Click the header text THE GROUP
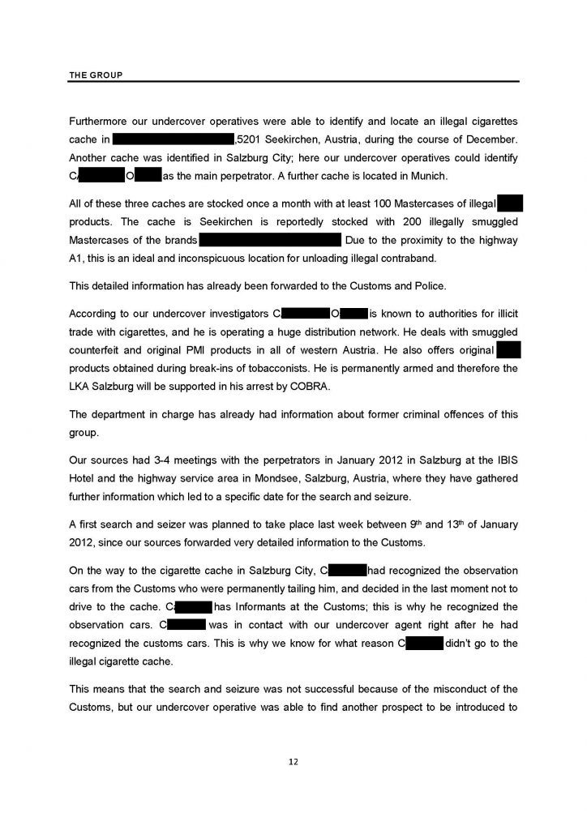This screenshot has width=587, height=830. (x=96, y=75)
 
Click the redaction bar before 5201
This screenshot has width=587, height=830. (x=173, y=139)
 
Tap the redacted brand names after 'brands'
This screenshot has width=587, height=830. (x=269, y=240)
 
